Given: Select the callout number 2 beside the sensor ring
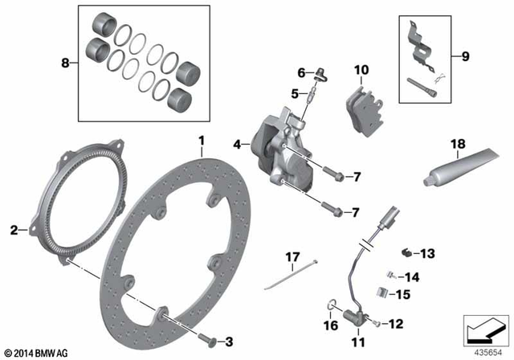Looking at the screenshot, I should [x=14, y=231].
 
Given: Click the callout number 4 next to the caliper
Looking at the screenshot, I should [x=237, y=145].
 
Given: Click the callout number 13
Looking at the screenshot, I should [x=426, y=254].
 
